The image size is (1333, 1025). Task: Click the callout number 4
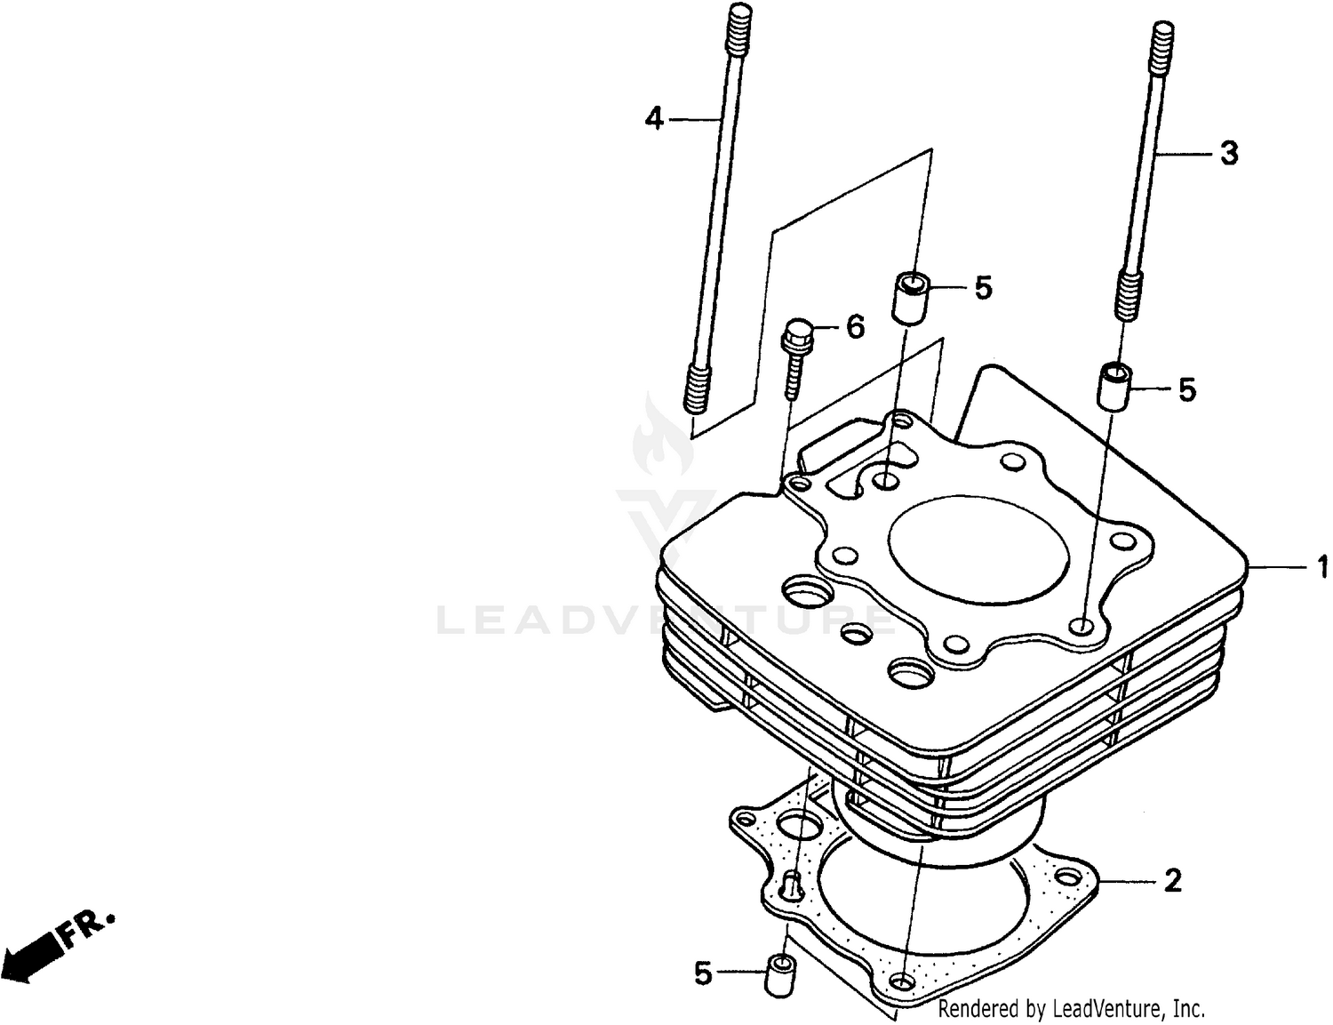[x=654, y=118]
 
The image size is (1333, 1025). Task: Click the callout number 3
[x=1228, y=154]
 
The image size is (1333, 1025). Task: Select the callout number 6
[x=855, y=327]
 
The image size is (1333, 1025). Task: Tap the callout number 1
[x=1321, y=566]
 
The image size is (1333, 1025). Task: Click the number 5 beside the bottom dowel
[x=703, y=974]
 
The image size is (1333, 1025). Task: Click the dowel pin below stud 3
[x=1114, y=386]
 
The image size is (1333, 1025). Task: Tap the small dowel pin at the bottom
[x=779, y=975]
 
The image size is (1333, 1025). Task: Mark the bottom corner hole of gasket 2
[x=903, y=981]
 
